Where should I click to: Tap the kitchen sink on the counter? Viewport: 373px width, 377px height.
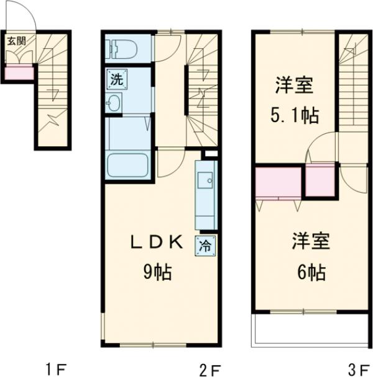point(205,180)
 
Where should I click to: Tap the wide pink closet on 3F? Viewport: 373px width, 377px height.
point(278,181)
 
